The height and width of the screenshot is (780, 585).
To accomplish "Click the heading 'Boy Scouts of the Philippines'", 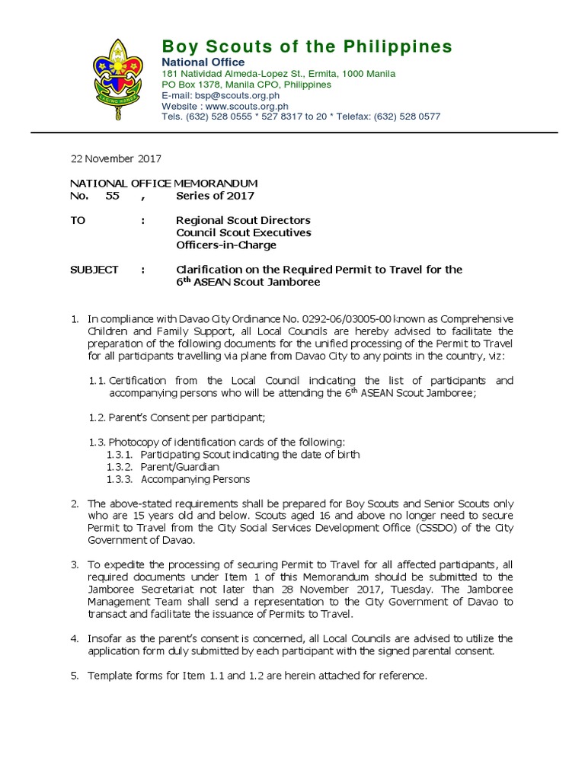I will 306,46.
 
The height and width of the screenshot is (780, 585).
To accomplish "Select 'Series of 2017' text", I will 216,196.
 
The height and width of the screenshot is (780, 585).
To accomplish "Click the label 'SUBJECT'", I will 94,270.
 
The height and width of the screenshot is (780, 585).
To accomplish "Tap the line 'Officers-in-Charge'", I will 226,245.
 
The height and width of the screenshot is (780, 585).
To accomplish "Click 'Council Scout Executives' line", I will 244,232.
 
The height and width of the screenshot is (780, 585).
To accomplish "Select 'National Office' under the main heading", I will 203,62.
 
